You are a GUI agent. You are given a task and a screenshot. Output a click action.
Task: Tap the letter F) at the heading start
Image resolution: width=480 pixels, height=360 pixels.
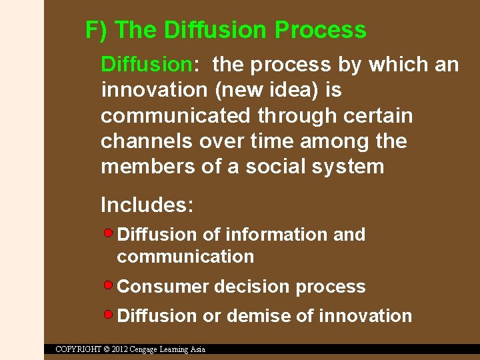tap(97, 30)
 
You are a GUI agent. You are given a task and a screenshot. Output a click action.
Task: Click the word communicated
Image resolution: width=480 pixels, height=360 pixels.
tap(176, 116)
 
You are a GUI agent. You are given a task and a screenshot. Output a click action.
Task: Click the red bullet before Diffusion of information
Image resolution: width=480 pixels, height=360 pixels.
tap(109, 233)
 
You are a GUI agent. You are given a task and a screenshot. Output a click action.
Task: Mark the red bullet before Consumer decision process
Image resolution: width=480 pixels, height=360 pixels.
tap(109, 285)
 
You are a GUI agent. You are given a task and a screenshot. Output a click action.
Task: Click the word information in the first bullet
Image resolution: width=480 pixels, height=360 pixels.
tap(277, 235)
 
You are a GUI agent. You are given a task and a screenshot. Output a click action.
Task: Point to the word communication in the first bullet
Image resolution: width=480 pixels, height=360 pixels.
tap(185, 257)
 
